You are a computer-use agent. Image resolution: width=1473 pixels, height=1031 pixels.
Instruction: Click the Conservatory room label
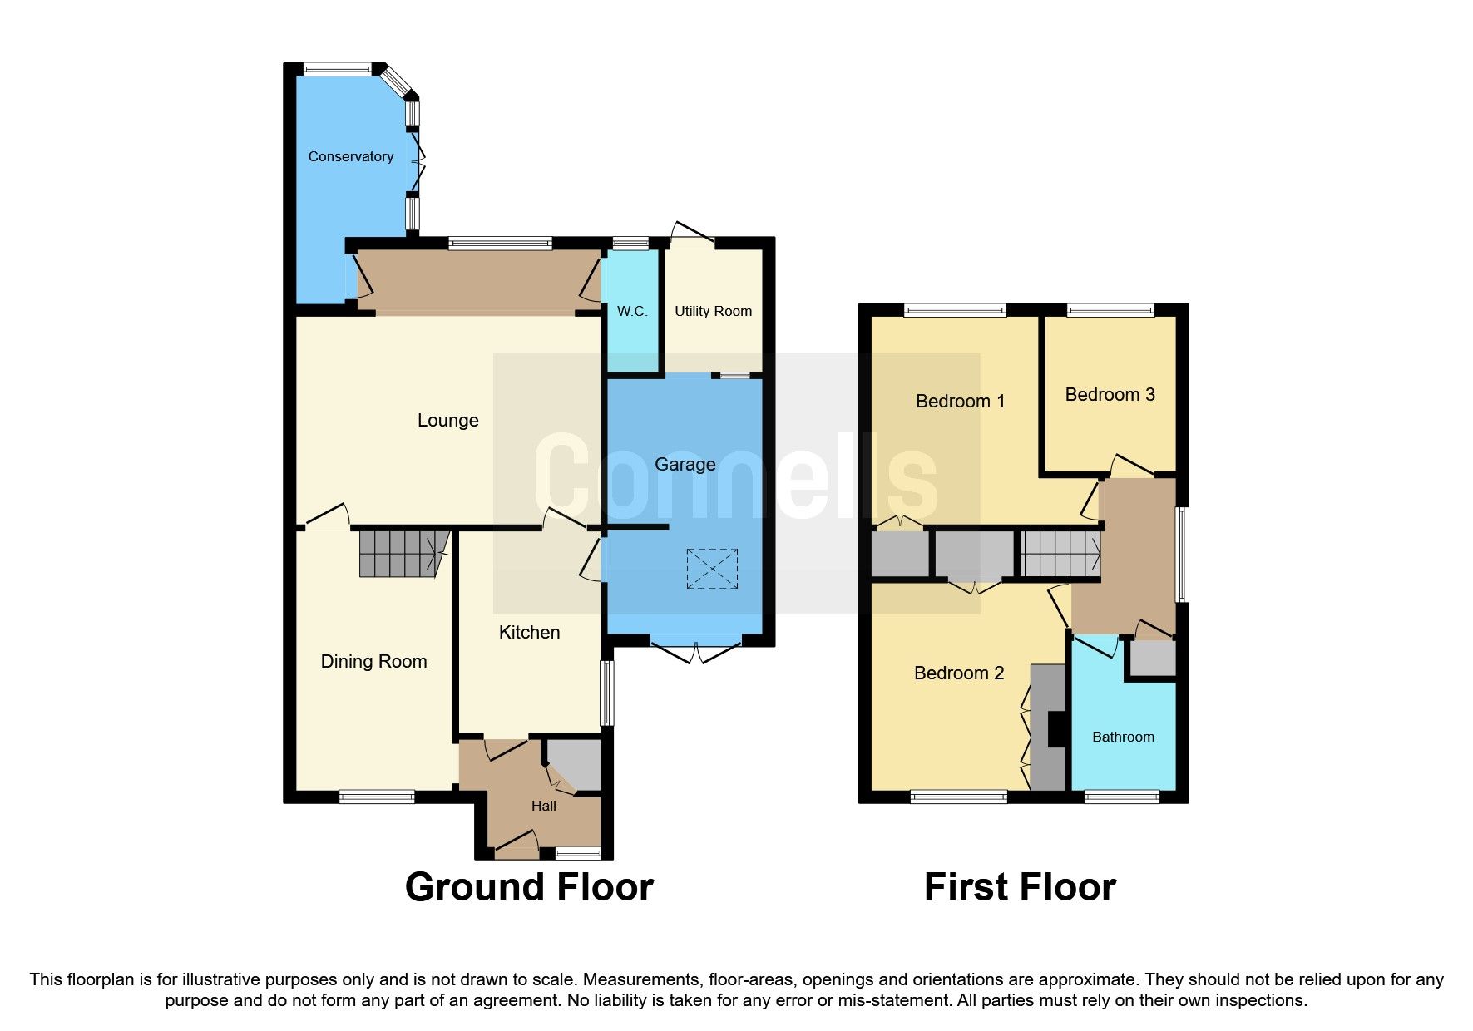(x=350, y=156)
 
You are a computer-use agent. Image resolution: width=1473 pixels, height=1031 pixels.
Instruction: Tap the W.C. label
(x=632, y=311)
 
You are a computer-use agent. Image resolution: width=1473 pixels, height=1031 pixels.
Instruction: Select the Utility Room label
(x=713, y=311)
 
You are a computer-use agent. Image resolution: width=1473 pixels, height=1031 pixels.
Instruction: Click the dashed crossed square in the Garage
(x=712, y=569)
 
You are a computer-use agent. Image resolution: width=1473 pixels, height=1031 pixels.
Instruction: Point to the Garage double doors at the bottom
(x=696, y=651)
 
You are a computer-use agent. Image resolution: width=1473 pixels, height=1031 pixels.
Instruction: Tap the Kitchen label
(x=529, y=632)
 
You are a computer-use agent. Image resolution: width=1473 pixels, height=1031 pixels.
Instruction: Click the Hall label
(x=544, y=806)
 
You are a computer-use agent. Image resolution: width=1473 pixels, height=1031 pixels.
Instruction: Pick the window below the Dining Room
(x=377, y=797)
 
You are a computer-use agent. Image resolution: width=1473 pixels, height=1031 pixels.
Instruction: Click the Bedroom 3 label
(x=1110, y=394)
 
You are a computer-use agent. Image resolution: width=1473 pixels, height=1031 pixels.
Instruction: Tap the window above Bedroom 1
(x=956, y=311)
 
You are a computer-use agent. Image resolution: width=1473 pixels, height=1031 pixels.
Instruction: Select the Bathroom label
(x=1123, y=737)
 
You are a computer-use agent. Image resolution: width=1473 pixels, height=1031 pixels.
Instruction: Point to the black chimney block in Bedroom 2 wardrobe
(x=1056, y=729)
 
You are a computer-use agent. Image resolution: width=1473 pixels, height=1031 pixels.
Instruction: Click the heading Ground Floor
(x=529, y=887)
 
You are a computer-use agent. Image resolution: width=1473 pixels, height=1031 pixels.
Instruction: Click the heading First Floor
(x=1020, y=887)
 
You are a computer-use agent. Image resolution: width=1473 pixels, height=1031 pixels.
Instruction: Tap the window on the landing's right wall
(x=1182, y=554)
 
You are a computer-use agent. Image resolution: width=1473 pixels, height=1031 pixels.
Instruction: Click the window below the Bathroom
(x=1122, y=797)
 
